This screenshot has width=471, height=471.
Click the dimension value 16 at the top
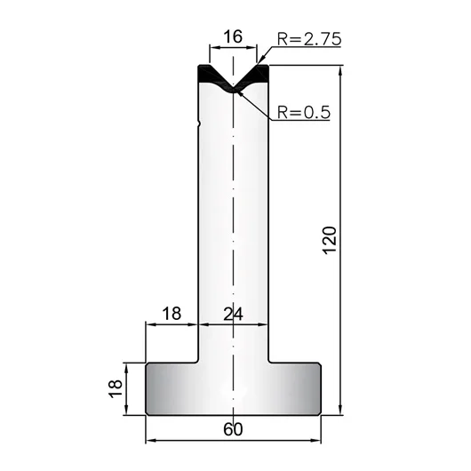[x=233, y=37]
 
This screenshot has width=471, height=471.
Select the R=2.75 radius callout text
[x=309, y=39]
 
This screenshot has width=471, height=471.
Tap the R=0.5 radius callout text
[x=303, y=112]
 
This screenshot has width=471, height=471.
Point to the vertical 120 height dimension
[x=330, y=240]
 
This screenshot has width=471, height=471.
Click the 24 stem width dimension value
[x=233, y=315]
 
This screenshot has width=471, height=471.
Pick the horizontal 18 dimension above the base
[x=172, y=314]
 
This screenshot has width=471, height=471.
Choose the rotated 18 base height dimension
[x=116, y=388]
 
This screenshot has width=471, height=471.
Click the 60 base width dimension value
[x=233, y=429]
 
